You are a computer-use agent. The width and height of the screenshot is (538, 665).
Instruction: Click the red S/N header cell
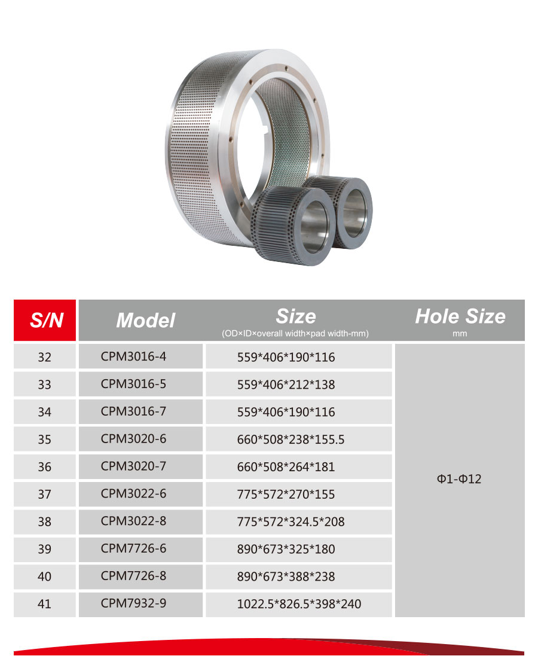44,320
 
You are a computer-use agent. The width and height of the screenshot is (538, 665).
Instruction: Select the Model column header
145,320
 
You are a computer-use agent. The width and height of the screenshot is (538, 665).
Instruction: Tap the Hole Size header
460,316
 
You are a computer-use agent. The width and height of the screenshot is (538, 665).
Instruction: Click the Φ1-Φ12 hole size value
459,479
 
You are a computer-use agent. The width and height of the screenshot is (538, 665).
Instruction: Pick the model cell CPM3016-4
133,356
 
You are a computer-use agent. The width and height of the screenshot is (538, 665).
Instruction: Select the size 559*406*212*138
286,385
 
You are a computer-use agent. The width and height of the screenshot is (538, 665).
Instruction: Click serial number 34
44,412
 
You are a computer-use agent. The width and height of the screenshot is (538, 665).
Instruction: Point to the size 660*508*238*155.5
291,440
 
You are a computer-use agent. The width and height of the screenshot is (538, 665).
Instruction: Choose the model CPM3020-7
133,466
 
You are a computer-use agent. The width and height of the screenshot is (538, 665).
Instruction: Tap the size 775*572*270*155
286,494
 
